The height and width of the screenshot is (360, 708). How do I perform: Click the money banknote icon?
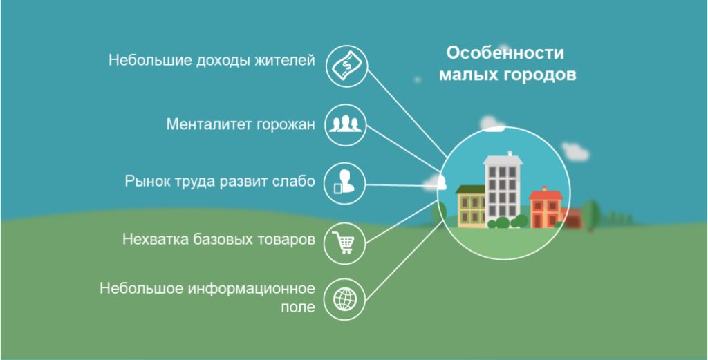[344, 66]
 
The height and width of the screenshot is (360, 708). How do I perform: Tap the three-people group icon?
[344, 124]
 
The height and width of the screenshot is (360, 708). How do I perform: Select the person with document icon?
[344, 183]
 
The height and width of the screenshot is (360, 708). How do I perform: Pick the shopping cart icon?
[344, 241]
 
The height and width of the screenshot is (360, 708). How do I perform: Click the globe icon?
[344, 299]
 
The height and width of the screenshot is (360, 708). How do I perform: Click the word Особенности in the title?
[505, 53]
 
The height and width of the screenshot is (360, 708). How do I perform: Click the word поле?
[299, 307]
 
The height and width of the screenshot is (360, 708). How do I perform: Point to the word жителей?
[287, 61]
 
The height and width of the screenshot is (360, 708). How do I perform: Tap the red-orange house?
[546, 207]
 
